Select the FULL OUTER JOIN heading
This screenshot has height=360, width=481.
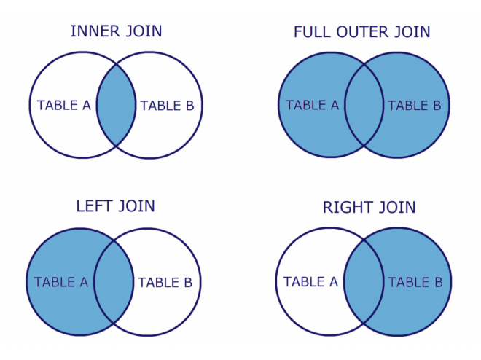pos(361,32)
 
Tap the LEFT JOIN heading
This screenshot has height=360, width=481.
pos(115,206)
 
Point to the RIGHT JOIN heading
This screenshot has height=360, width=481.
pos(369,208)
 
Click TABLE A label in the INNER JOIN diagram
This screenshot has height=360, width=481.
pos(64,105)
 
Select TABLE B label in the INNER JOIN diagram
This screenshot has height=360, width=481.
pos(167,106)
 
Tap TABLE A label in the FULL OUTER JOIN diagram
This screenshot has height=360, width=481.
pos(313,105)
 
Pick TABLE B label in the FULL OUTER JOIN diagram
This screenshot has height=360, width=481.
pos(414,106)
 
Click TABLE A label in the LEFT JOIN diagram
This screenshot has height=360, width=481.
pos(61,282)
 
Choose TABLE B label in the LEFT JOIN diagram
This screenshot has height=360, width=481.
pos(165,282)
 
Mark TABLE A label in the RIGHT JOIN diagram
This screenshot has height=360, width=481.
pos(310,281)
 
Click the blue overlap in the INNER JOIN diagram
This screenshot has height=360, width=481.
pos(117,105)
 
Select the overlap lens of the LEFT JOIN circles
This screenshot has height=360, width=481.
pos(114,281)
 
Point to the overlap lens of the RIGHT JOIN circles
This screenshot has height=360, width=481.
pos(362,281)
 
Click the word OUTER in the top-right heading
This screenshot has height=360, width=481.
pos(363,32)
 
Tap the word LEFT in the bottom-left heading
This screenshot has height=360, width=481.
pos(95,206)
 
